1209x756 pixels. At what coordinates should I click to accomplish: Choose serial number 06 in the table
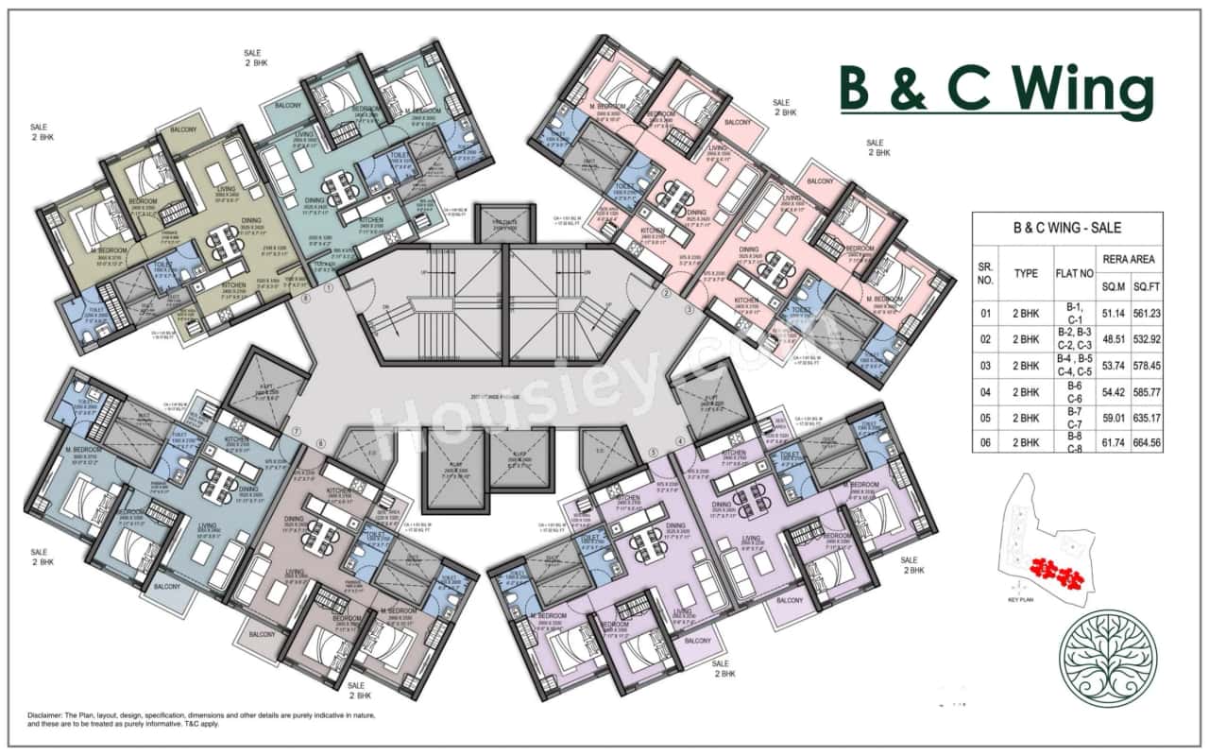pyautogui.click(x=986, y=438)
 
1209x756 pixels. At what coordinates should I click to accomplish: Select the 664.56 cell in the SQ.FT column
pyautogui.click(x=1141, y=438)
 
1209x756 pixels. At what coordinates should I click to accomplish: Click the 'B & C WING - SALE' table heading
pyautogui.click(x=1066, y=227)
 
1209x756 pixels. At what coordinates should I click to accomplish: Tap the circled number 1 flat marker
pyautogui.click(x=330, y=290)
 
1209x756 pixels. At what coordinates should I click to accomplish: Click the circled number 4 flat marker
pyautogui.click(x=679, y=441)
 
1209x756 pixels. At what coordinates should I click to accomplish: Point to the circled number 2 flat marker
pyautogui.click(x=666, y=294)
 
